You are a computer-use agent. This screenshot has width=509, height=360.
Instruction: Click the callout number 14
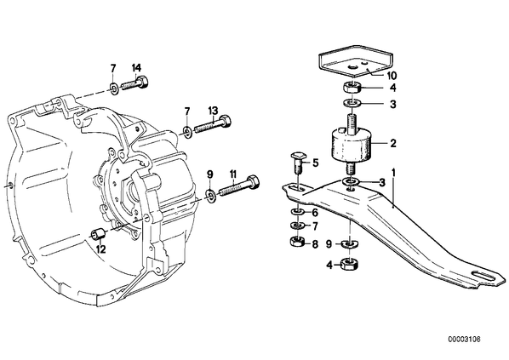point(137,68)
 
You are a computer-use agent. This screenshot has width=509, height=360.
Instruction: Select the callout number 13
point(214,111)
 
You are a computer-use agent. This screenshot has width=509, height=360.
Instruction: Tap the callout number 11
point(233,174)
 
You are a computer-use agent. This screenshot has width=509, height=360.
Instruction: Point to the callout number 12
point(101,249)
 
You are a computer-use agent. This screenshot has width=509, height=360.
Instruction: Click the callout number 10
point(392,76)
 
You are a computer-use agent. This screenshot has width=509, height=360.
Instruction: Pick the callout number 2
point(393,143)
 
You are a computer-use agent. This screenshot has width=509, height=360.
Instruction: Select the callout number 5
point(316,163)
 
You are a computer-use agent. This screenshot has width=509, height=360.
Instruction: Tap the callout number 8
point(315,244)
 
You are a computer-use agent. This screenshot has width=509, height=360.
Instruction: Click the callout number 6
point(315,213)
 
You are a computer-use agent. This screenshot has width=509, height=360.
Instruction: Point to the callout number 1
point(394,173)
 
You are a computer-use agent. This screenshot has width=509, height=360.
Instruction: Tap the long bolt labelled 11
point(239,186)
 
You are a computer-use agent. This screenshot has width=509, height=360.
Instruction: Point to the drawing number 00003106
point(464,340)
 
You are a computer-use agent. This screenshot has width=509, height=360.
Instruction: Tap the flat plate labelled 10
point(356,60)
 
